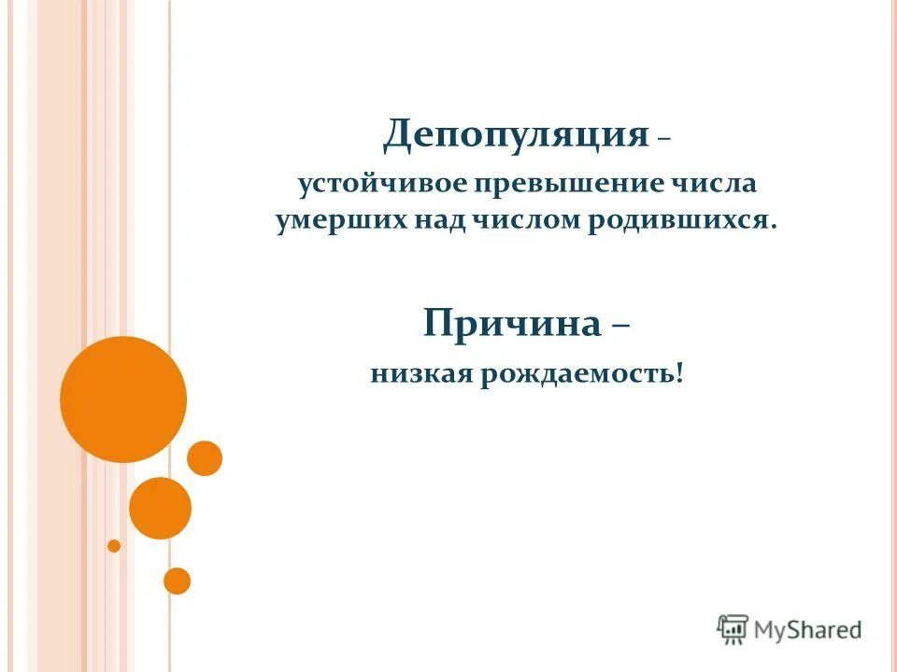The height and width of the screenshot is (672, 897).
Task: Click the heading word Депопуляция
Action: [515, 136]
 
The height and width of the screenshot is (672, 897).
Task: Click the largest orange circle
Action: [123, 399]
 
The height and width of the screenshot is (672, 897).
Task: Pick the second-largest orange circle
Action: [160, 508]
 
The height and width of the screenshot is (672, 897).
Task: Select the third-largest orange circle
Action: [205, 458]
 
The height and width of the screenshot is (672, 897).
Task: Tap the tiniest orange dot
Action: [114, 546]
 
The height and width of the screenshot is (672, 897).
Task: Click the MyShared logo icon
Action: [733, 629]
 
